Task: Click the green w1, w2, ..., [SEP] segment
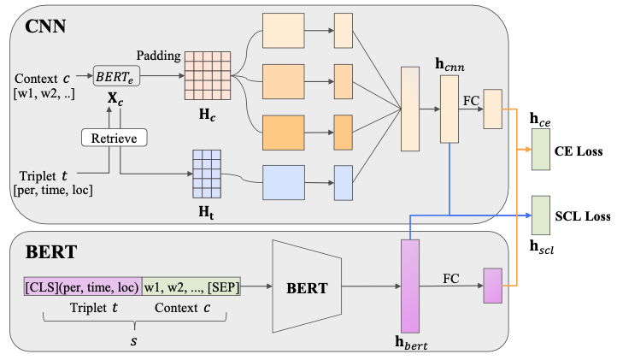point(191,287)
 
